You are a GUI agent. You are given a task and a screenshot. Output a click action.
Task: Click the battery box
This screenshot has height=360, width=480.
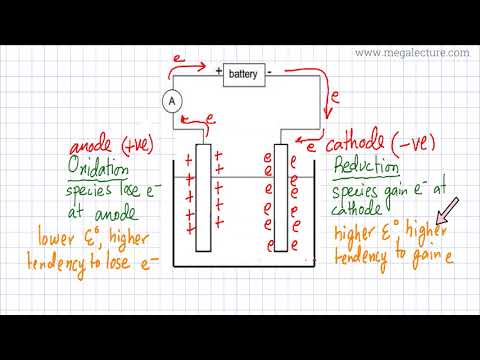click(x=244, y=74)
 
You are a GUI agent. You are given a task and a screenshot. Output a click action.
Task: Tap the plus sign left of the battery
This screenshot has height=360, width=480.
click(x=217, y=72)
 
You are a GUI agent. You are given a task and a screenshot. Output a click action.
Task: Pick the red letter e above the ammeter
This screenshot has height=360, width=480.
click(x=178, y=62)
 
